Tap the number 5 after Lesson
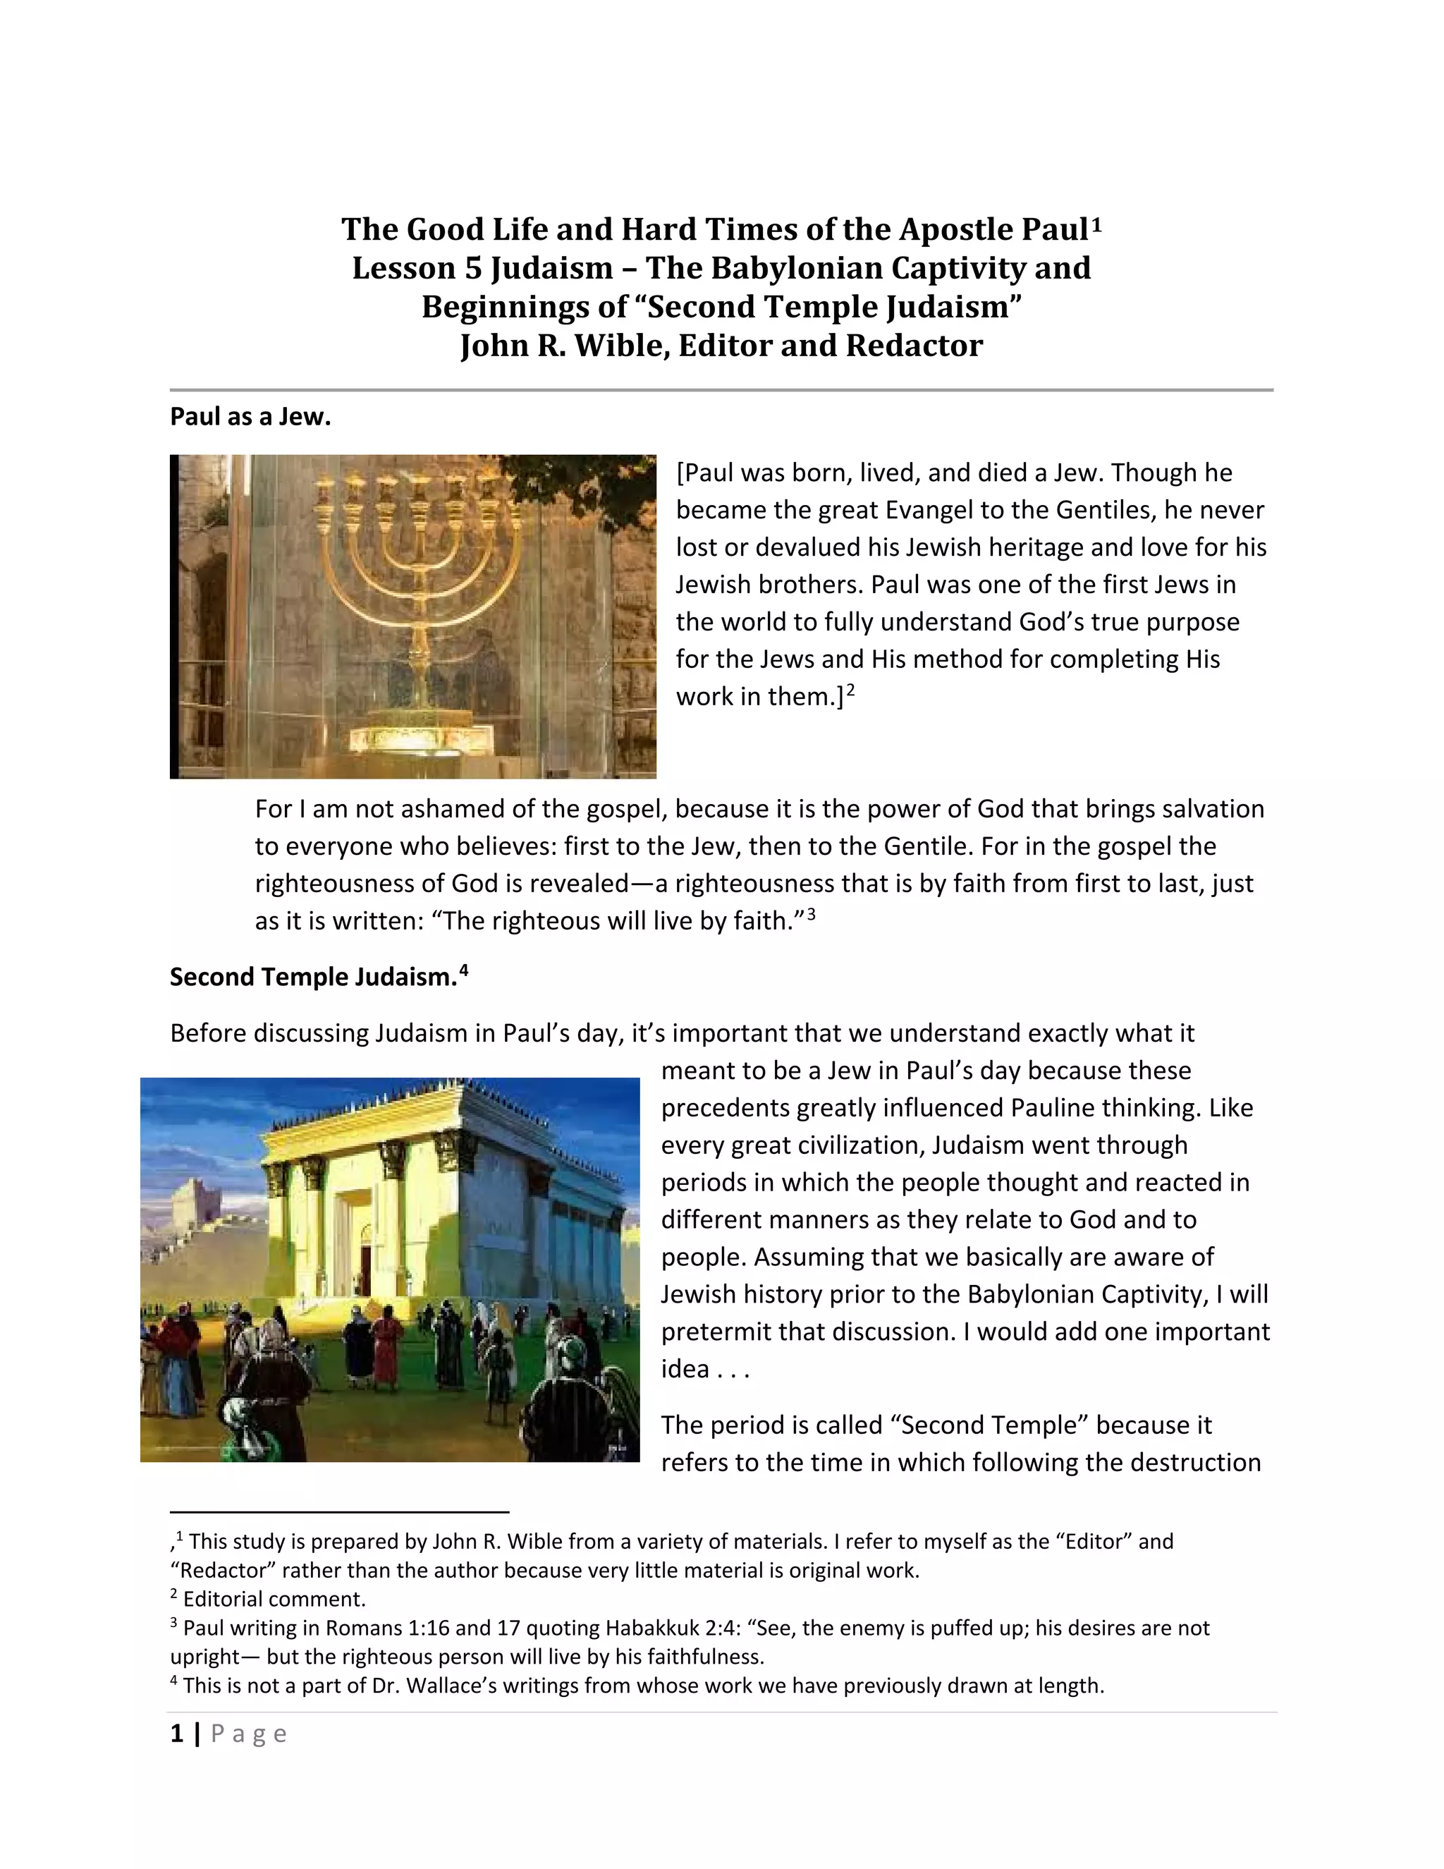473,269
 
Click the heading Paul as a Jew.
250,417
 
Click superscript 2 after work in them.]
850,690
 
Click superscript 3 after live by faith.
811,915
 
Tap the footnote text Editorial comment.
274,1600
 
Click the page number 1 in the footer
177,1734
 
